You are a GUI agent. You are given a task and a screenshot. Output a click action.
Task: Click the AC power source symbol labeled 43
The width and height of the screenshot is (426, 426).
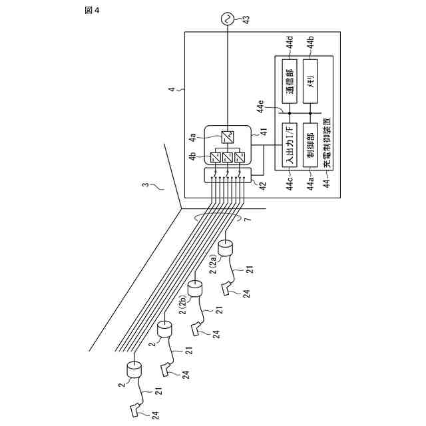[x=227, y=19]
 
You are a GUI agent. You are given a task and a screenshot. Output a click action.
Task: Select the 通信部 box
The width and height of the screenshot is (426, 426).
[x=290, y=81]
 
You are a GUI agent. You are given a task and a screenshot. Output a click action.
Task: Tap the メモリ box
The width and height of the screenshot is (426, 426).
[x=310, y=81]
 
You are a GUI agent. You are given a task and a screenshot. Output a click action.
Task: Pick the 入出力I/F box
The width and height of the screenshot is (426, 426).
[x=290, y=145]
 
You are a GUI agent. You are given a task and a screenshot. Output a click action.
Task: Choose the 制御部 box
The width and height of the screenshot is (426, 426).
[x=310, y=145]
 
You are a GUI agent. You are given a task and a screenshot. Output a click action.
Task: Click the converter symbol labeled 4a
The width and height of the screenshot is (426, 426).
[x=227, y=137]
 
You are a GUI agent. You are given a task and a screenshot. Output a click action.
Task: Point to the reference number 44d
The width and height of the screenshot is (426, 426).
[x=290, y=41]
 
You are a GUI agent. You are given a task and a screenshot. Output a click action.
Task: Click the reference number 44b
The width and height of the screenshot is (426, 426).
[x=311, y=41]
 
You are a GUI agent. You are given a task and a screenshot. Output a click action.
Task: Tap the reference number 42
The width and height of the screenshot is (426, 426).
[x=263, y=186]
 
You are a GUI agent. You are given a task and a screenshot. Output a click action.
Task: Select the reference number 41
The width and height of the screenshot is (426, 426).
[x=264, y=132]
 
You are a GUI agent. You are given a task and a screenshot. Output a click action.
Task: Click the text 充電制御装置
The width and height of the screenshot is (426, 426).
[x=327, y=142]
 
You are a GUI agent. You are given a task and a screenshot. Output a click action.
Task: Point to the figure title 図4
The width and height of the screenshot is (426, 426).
[x=92, y=11]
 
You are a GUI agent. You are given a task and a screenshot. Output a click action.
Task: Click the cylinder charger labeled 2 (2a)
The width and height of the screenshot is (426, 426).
[x=226, y=248]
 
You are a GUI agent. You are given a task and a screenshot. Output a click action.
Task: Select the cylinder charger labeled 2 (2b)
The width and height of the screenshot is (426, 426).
[x=195, y=288]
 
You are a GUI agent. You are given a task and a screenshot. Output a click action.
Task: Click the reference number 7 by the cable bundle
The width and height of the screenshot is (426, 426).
[x=247, y=220]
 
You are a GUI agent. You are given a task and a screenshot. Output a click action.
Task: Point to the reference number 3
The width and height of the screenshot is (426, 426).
[x=146, y=185]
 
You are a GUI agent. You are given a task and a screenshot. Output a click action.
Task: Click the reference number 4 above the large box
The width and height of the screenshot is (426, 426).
[x=172, y=89]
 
